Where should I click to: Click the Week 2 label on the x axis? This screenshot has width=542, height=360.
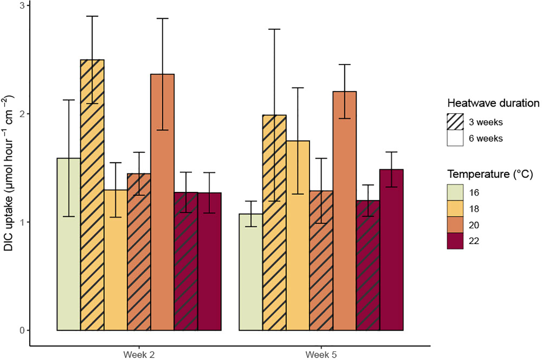(x=139, y=354)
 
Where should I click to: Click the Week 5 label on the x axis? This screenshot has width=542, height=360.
(x=321, y=354)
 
